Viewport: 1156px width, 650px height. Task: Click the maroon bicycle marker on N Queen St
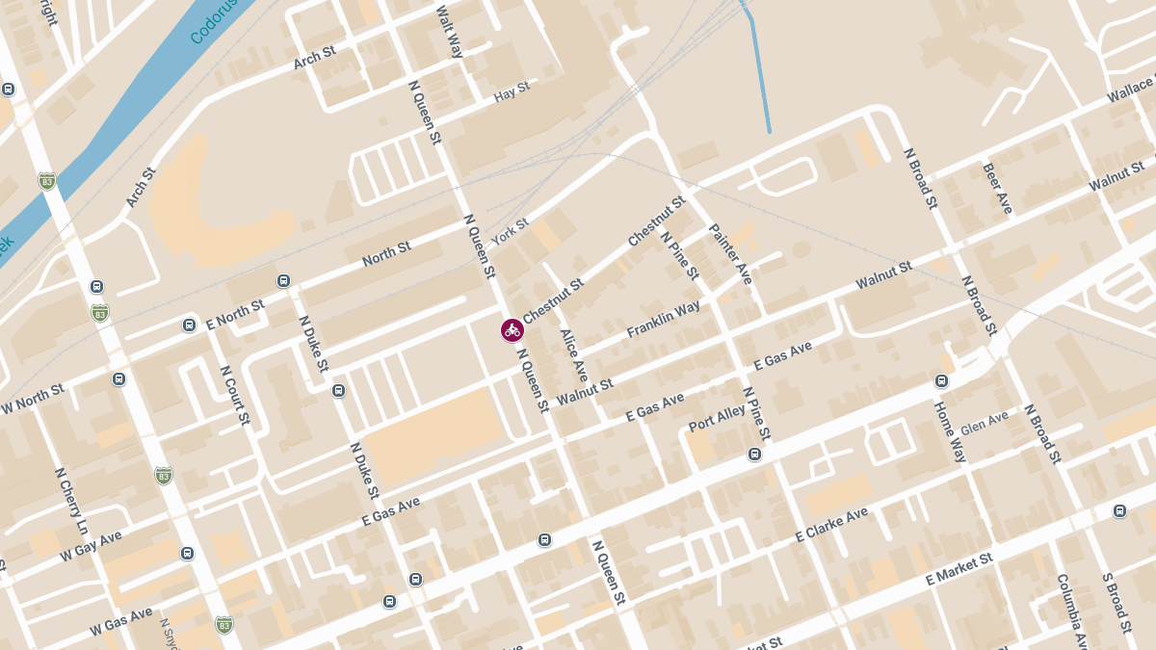click(x=512, y=330)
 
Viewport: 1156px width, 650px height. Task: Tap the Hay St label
click(x=512, y=92)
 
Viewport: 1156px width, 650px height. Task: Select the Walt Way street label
click(x=450, y=31)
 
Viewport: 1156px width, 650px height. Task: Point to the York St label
click(x=511, y=230)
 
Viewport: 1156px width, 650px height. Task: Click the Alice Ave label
click(x=573, y=355)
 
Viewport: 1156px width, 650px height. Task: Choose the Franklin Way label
click(x=664, y=320)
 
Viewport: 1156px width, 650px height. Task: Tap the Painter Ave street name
click(x=730, y=254)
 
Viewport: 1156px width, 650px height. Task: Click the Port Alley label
click(x=717, y=419)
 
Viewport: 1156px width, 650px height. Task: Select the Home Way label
click(x=950, y=431)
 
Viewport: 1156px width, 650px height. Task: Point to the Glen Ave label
click(x=985, y=422)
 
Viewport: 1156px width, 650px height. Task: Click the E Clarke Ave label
click(x=832, y=524)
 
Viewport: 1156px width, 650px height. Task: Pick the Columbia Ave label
click(x=1072, y=611)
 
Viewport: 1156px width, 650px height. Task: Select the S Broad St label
click(x=1116, y=603)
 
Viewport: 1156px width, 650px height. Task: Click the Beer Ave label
click(x=997, y=188)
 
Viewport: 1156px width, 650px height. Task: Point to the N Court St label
click(x=235, y=395)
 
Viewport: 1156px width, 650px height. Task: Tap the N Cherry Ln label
click(x=70, y=501)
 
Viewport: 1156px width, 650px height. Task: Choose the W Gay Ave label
click(x=92, y=545)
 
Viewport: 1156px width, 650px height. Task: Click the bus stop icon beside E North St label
click(x=189, y=325)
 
